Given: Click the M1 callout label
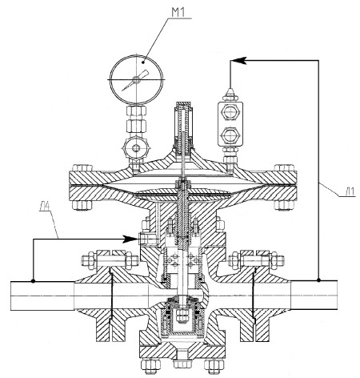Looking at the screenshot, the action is coord(178,13).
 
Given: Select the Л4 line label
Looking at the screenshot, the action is coord(46,206).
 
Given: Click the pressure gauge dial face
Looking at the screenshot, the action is coord(136,79).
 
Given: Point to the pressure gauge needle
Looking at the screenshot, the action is coord(135,80).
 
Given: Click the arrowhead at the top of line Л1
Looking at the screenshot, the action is coord(238,60).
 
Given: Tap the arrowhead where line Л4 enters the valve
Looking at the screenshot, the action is coord(130,239).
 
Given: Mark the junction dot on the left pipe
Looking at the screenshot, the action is coord(33,281).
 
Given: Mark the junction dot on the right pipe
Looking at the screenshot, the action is coord(318,280).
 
